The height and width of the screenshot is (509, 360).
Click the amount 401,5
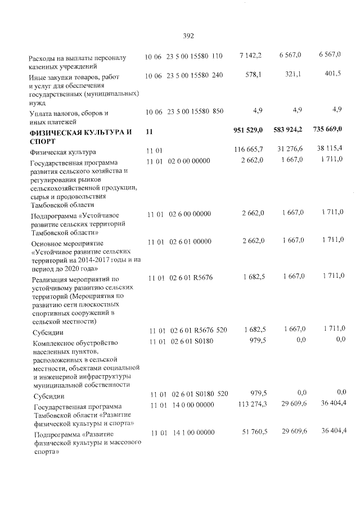(332, 74)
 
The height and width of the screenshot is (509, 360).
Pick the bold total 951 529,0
(247, 130)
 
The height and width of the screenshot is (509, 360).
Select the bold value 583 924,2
(287, 130)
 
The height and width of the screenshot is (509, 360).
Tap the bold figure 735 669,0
(327, 130)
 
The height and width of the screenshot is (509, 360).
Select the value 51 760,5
(250, 431)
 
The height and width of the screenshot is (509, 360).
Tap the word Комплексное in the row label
(55, 341)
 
